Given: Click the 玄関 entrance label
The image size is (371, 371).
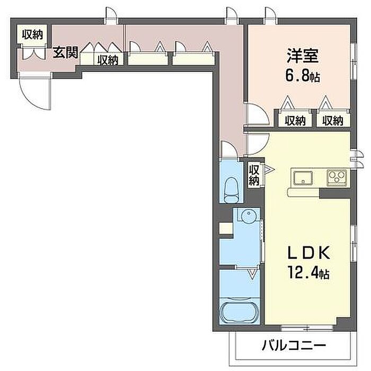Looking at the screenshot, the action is [65, 52].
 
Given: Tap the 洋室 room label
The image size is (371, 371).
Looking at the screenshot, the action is [303, 56].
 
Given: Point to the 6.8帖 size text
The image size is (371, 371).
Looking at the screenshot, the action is [303, 76].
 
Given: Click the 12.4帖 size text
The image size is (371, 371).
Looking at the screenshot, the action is [308, 272].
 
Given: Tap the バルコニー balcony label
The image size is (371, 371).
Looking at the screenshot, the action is [294, 346].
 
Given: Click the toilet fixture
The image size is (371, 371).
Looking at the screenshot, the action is [232, 190].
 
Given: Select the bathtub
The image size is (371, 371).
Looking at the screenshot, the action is [239, 312].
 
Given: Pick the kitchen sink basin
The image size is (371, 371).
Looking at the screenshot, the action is [303, 178].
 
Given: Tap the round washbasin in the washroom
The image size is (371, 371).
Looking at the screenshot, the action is [248, 215].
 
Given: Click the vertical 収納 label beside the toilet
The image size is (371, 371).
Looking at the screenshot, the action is [254, 175].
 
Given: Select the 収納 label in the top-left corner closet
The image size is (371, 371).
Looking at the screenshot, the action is [33, 34].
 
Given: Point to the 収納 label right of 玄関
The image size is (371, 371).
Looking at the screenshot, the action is [108, 59].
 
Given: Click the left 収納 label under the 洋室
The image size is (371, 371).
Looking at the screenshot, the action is [295, 120].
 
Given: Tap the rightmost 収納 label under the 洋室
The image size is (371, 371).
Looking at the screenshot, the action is [333, 120].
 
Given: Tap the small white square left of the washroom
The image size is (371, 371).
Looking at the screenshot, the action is [226, 228].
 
